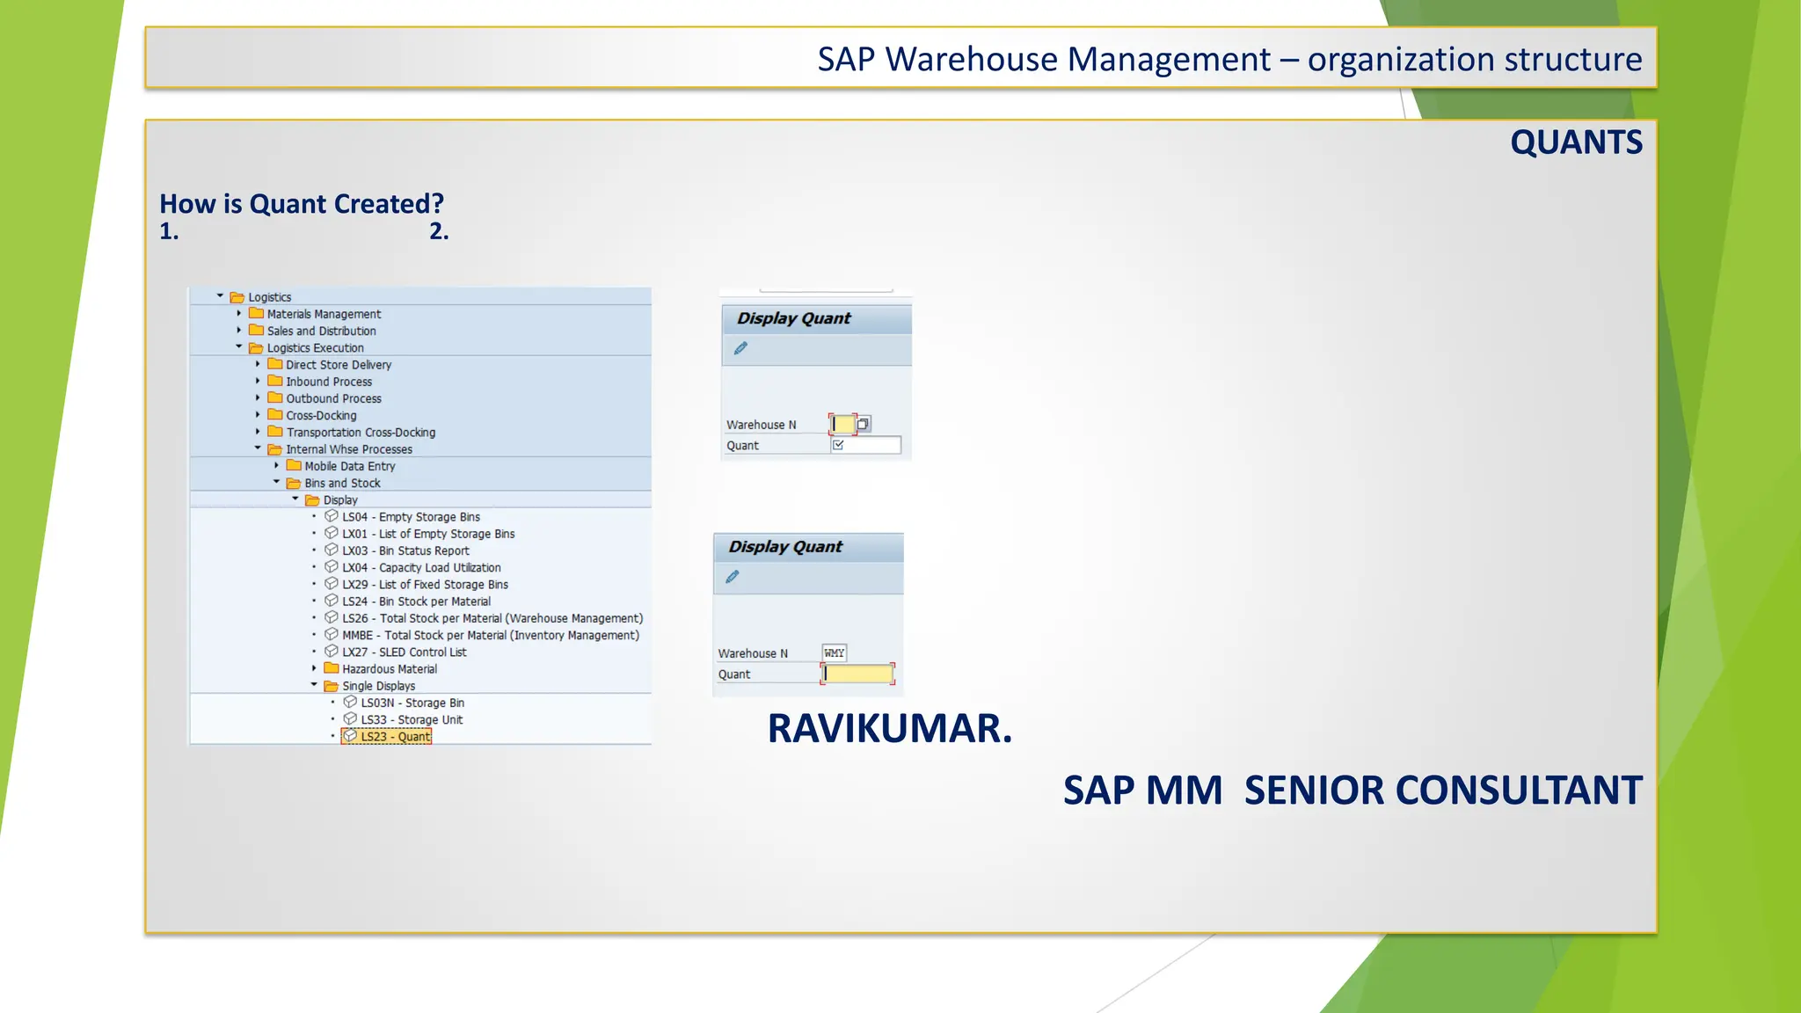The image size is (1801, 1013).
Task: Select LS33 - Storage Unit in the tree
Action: click(411, 720)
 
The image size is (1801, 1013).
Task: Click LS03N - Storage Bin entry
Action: click(412, 703)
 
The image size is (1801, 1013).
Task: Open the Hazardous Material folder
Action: click(389, 669)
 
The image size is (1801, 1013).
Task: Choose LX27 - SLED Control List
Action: click(404, 652)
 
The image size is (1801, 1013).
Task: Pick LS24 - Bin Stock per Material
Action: click(416, 601)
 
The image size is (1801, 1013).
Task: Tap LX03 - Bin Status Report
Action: click(405, 551)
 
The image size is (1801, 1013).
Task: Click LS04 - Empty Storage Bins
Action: click(411, 517)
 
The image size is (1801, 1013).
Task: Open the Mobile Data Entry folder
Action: click(349, 466)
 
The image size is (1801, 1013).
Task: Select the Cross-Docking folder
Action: click(321, 416)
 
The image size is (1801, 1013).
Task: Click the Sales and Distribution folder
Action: click(321, 332)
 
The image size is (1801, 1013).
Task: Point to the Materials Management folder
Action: click(324, 315)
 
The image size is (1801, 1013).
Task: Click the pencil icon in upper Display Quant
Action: click(740, 348)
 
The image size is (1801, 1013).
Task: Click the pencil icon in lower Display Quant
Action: click(733, 577)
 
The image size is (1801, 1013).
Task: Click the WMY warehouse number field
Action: click(834, 652)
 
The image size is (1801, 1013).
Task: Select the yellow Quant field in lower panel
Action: click(858, 674)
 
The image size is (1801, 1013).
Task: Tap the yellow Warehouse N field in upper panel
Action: click(842, 425)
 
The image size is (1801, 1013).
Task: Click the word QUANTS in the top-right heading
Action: click(1576, 142)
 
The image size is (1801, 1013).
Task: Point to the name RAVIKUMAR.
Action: click(889, 729)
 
